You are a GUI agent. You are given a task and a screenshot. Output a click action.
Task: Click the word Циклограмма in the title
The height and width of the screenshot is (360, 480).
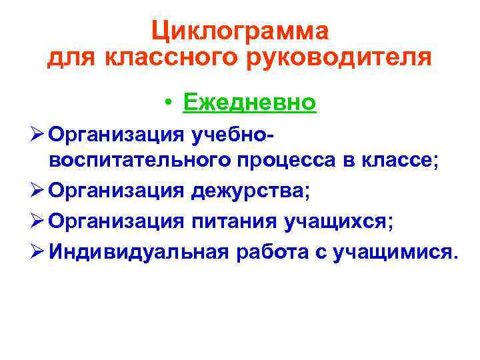click(x=239, y=30)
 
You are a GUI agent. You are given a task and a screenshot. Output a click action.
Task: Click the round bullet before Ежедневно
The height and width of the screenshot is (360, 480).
click(x=171, y=103)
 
